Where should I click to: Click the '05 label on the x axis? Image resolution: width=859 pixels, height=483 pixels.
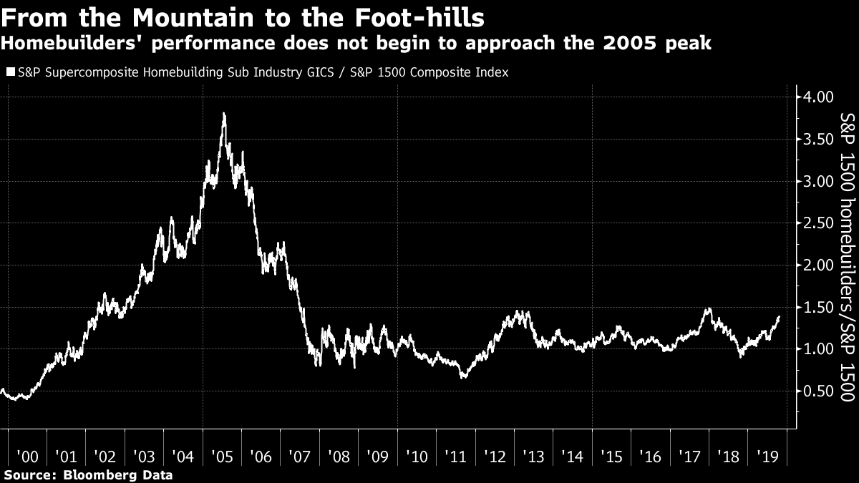coord(221,457)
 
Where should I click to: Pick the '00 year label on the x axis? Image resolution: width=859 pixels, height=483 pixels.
coord(26,457)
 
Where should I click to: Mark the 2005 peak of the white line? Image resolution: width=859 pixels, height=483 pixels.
coord(225,113)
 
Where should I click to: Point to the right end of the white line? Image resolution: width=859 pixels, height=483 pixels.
coord(779,317)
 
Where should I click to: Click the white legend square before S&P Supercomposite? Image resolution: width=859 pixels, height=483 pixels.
coord(9,72)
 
